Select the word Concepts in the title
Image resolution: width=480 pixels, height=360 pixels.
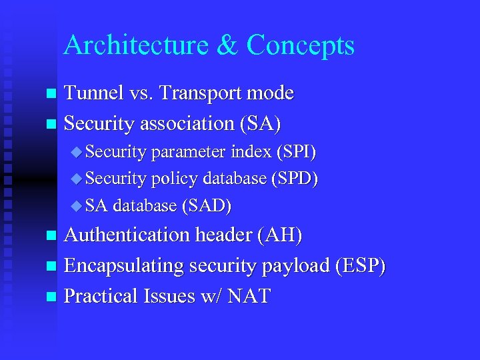[301, 45]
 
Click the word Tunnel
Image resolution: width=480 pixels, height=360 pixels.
[93, 93]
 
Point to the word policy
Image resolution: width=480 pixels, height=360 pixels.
[175, 179]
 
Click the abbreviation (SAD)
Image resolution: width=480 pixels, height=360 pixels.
[206, 206]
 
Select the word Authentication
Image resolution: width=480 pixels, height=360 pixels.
[127, 235]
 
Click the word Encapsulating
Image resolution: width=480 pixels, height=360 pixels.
[124, 266]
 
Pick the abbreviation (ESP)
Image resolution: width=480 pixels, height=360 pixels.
[361, 266]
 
